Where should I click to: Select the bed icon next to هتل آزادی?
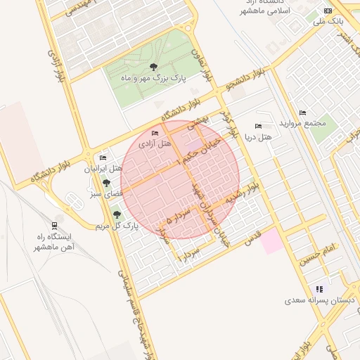tap(155, 133)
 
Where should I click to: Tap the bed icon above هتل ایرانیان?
tap(104, 158)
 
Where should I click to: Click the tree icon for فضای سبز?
tap(106, 182)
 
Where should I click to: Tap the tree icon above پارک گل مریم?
tap(117, 215)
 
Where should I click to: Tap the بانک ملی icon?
tap(328, 11)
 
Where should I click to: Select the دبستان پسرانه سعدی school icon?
tap(319, 288)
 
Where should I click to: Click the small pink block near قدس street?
tap(273, 242)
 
